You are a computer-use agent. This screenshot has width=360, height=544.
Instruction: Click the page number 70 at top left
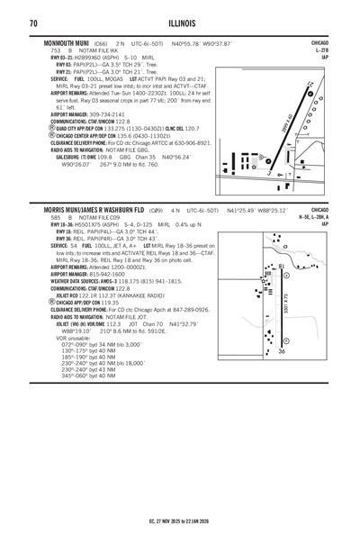pyautogui.click(x=32, y=22)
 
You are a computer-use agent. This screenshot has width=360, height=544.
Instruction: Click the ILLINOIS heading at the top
pyautogui.click(x=179, y=22)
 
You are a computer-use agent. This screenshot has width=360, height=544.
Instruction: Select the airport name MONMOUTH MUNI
pyautogui.click(x=66, y=43)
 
